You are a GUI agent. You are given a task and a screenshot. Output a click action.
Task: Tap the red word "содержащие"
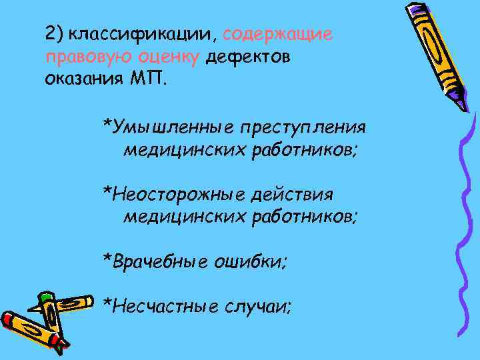tap(277, 34)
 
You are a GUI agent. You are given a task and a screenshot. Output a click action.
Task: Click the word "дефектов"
tap(247, 57)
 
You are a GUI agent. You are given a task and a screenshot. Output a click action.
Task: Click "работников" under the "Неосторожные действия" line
tap(304, 217)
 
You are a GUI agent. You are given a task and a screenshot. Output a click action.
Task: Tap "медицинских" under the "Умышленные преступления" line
tap(184, 149)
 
